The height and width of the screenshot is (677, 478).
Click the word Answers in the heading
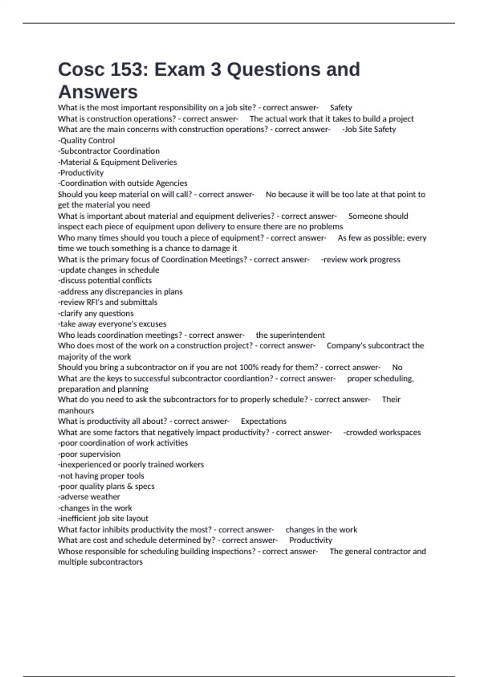click(98, 92)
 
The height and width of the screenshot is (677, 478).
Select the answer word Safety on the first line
click(341, 108)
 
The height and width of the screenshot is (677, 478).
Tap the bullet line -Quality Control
click(86, 141)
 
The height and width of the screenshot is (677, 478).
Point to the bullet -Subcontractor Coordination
click(109, 151)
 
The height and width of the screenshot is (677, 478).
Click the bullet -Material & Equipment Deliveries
click(118, 162)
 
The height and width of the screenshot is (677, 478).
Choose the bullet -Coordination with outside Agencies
click(123, 183)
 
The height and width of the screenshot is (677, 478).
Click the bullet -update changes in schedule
click(109, 270)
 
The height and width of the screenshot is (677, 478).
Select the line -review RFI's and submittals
click(108, 302)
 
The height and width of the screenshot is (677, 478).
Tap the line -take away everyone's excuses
click(112, 324)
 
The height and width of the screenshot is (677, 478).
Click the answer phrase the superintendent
click(290, 335)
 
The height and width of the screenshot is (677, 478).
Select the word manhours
click(76, 411)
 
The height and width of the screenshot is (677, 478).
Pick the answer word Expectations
click(264, 421)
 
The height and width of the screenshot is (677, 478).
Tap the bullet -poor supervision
click(89, 454)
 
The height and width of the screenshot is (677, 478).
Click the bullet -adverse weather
click(89, 497)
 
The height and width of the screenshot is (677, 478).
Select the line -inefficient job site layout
click(103, 519)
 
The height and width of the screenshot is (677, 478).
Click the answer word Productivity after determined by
click(311, 540)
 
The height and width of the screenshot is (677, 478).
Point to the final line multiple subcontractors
click(100, 562)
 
